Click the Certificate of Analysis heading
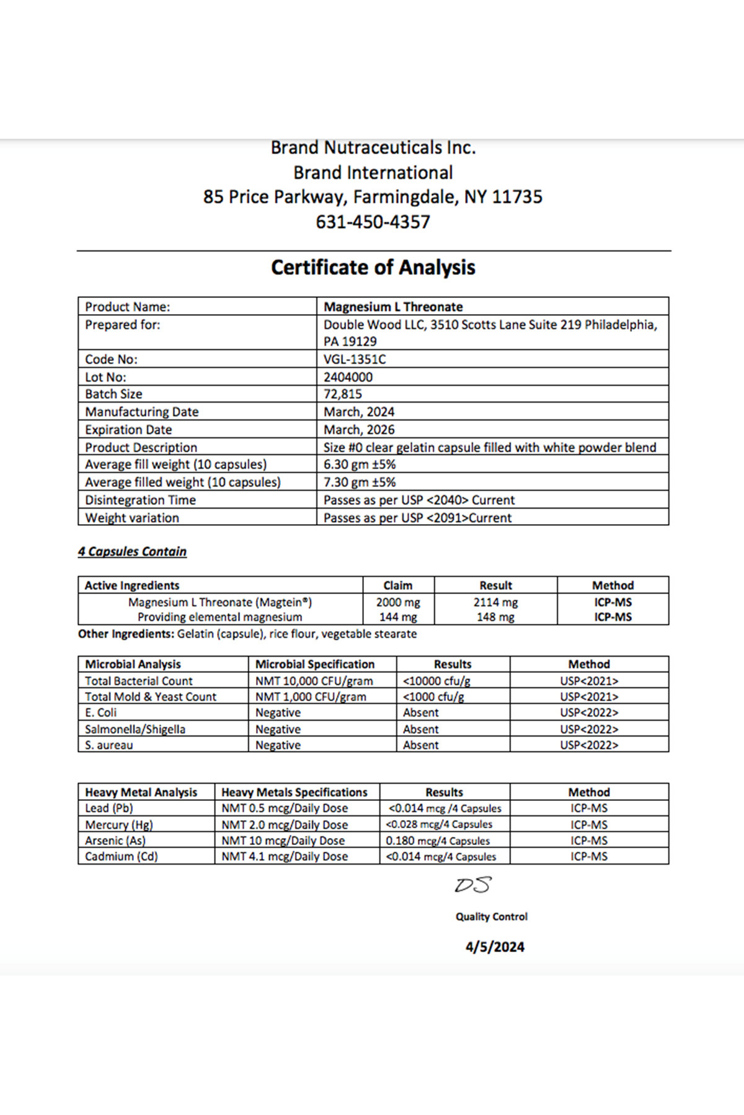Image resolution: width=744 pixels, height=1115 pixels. [x=373, y=268]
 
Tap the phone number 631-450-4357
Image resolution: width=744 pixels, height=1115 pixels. [x=373, y=222]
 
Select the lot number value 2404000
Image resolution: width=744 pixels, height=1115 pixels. [x=348, y=377]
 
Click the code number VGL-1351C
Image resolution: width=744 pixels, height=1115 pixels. [x=355, y=359]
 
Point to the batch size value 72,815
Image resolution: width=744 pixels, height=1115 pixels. [x=343, y=394]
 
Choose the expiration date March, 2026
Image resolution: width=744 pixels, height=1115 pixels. [x=359, y=429]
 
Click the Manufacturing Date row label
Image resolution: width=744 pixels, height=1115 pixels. [x=142, y=412]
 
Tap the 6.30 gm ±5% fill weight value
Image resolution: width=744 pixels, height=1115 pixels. [x=360, y=465]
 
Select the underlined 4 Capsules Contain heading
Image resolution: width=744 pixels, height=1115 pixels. [x=132, y=551]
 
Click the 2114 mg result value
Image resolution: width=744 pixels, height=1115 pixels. [x=495, y=602]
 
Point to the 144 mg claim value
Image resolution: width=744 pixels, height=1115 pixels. [x=398, y=617]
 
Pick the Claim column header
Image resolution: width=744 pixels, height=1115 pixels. [x=398, y=585]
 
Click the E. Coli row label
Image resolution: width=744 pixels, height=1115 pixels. [x=100, y=713]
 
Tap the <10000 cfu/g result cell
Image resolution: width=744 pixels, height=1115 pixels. [x=436, y=681]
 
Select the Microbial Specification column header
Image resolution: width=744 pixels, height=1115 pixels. [x=315, y=664]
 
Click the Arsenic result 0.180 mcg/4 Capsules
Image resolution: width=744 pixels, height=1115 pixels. [x=438, y=841]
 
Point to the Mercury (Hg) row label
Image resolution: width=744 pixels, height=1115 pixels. [x=118, y=824]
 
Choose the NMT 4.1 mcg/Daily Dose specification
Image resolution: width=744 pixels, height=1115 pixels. [x=285, y=857]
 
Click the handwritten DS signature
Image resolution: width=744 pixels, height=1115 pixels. [x=472, y=885]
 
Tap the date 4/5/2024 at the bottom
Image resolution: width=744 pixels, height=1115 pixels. [x=495, y=947]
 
